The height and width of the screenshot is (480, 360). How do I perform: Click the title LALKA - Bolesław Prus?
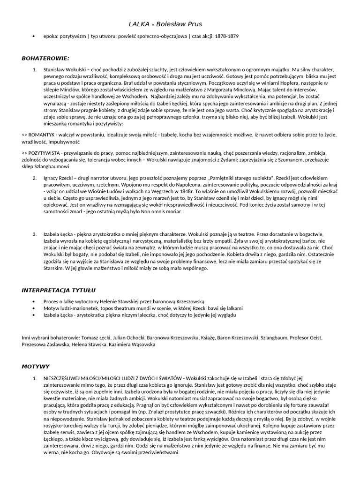(x=166, y=24)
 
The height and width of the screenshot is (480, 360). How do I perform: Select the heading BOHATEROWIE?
(x=45, y=58)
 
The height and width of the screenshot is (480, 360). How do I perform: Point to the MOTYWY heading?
(x=36, y=366)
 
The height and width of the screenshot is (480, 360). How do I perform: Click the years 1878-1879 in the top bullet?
(x=227, y=36)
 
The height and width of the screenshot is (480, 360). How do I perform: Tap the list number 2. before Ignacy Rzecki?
(x=35, y=179)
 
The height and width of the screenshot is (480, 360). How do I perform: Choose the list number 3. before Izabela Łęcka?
(x=35, y=233)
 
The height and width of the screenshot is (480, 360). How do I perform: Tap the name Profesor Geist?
(x=321, y=337)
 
